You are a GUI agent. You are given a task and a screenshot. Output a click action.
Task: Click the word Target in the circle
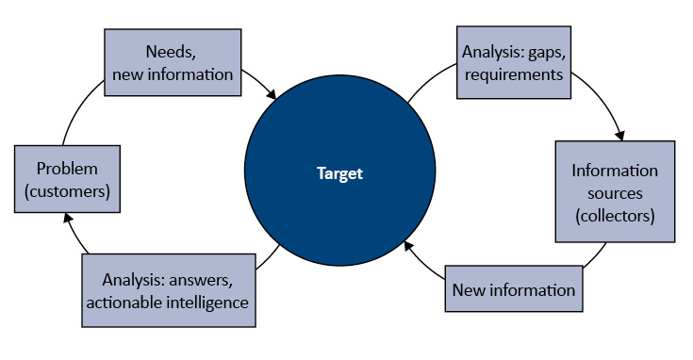click(x=339, y=173)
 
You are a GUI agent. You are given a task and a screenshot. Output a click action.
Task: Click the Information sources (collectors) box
click(x=615, y=193)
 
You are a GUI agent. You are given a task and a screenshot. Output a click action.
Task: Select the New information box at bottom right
click(x=513, y=289)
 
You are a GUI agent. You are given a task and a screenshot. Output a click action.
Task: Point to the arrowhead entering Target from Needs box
click(x=272, y=95)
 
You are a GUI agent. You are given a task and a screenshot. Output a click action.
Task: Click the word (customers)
click(x=67, y=191)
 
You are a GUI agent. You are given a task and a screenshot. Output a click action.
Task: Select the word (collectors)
click(x=615, y=216)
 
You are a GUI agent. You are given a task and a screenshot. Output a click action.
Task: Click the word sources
click(x=615, y=193)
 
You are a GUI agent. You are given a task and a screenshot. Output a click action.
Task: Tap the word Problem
click(x=67, y=169)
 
